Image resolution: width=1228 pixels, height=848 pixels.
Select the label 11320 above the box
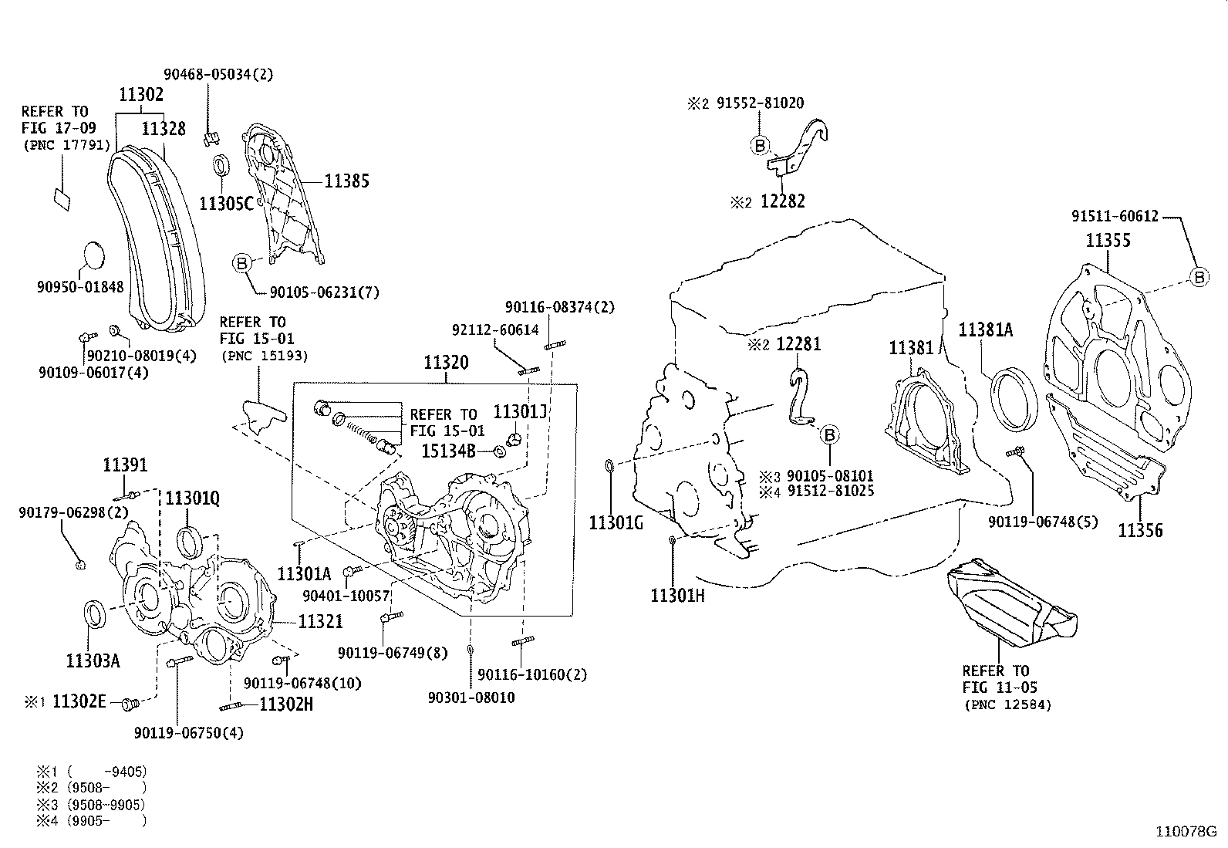pyautogui.click(x=446, y=363)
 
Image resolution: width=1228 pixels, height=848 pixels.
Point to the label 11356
pyautogui.click(x=1140, y=531)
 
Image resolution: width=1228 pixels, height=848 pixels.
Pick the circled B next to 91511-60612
pyautogui.click(x=1199, y=277)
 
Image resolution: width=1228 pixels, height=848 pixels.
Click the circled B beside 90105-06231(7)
pyautogui.click(x=241, y=264)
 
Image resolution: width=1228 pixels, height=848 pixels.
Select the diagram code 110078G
pyautogui.click(x=1185, y=832)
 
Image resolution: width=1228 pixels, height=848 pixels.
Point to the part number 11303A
pyautogui.click(x=93, y=661)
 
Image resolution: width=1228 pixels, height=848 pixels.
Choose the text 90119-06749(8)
pyautogui.click(x=392, y=654)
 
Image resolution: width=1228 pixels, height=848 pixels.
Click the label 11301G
pyautogui.click(x=616, y=525)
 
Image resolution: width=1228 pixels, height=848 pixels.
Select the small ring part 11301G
pyautogui.click(x=609, y=466)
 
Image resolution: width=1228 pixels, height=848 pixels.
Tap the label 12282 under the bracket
pyautogui.click(x=782, y=202)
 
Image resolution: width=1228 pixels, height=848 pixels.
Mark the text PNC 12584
pyautogui.click(x=1007, y=704)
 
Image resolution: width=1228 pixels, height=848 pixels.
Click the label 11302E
pyautogui.click(x=79, y=703)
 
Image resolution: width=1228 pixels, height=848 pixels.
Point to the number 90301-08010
pyautogui.click(x=471, y=698)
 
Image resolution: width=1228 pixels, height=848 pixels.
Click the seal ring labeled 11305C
pyautogui.click(x=221, y=166)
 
